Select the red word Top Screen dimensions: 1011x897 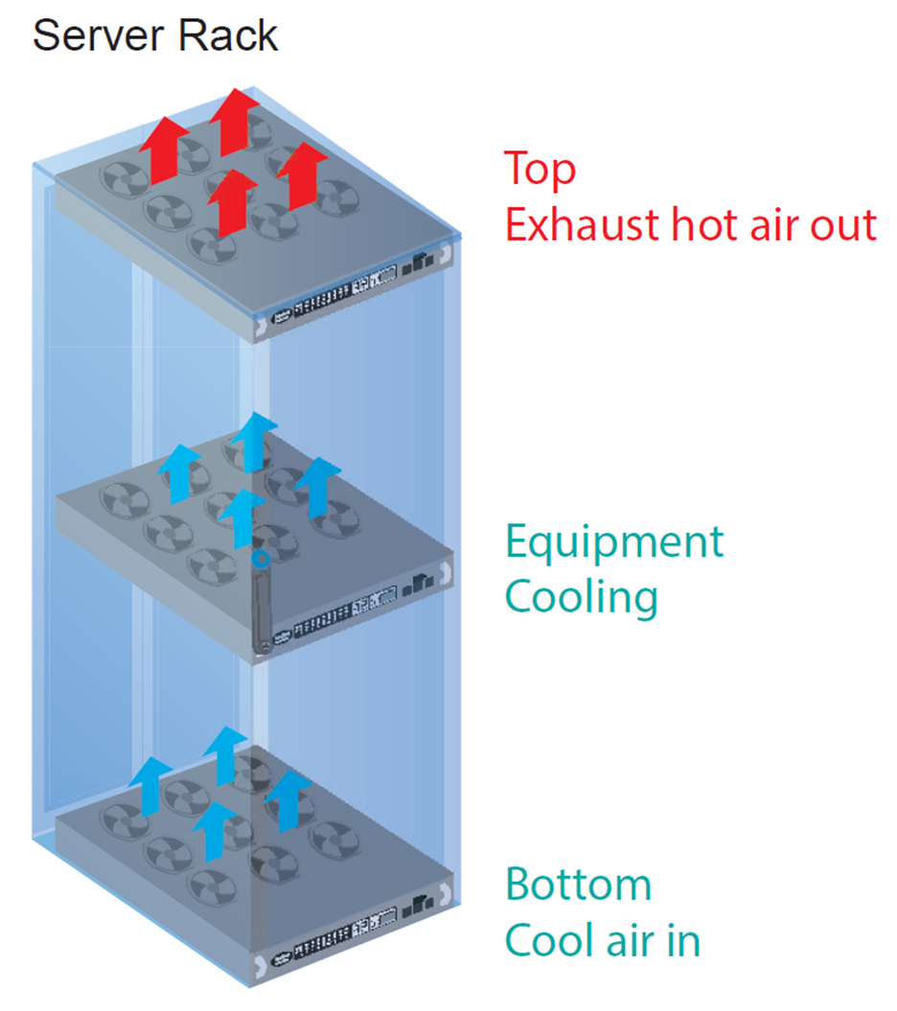coord(540,169)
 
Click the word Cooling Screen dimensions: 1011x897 coord(582,597)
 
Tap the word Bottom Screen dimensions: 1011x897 coord(579,884)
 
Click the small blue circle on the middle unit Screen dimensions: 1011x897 coord(258,556)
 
